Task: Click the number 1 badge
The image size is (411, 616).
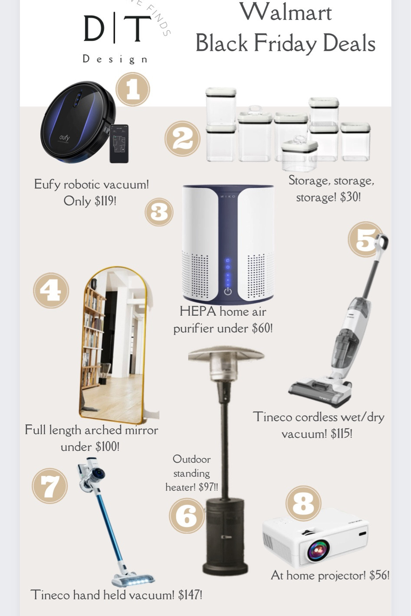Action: point(133,89)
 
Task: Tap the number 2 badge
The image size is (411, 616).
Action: point(182,139)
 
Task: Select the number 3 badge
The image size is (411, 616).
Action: point(159,212)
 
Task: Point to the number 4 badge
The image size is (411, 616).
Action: point(51,290)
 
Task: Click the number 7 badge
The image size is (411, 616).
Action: point(50,486)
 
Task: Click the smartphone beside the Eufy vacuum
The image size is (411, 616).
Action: point(119,144)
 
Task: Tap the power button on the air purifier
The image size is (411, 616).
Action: point(228,291)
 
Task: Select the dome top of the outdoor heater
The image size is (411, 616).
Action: point(226,355)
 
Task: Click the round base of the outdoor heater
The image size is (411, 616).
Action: point(225,568)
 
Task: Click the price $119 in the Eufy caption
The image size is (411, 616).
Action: point(105,201)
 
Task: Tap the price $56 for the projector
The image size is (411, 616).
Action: point(379,575)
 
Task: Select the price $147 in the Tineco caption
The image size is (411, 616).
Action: point(190,595)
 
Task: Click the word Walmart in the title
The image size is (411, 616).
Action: point(286,13)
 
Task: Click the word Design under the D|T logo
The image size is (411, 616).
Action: point(115,59)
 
